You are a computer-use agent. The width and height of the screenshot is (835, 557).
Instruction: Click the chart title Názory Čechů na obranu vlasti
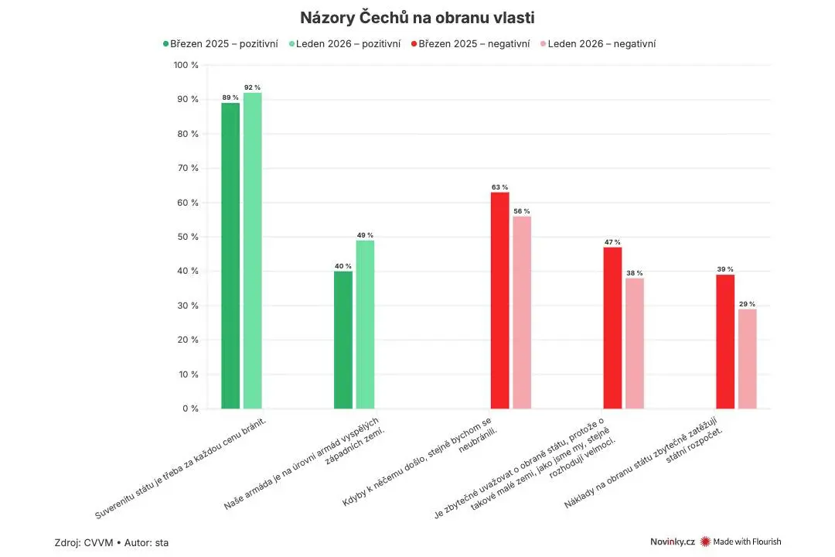tap(417, 18)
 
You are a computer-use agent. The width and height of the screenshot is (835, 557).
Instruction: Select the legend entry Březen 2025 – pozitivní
tap(220, 43)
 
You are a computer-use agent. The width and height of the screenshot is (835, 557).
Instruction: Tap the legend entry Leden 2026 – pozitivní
tap(345, 43)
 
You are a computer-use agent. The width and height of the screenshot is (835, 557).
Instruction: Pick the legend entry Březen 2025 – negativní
tap(470, 43)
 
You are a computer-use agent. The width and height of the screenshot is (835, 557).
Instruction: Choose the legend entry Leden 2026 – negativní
tap(598, 43)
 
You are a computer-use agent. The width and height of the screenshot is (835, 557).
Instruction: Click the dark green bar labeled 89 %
tap(230, 256)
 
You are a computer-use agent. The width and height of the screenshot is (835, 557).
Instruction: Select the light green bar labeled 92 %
tap(252, 251)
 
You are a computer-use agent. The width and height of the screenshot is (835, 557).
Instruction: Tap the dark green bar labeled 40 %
tap(343, 340)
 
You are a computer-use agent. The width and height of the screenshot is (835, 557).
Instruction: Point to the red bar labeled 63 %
tap(499, 301)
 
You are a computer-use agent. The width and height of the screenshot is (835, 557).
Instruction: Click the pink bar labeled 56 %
tap(522, 313)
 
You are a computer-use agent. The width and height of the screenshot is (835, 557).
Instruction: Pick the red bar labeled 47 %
tap(612, 328)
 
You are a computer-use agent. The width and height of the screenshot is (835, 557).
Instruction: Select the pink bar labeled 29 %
tap(747, 359)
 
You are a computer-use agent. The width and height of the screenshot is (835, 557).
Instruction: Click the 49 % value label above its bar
tap(365, 235)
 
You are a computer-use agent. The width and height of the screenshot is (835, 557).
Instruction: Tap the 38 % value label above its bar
tap(635, 273)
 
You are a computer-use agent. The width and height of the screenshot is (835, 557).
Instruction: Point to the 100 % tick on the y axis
tap(186, 65)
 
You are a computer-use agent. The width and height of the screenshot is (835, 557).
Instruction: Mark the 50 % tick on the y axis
tap(188, 237)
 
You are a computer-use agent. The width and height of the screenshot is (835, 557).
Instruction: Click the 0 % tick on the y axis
tap(191, 408)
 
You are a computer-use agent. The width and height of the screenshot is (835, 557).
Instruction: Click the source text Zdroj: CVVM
tap(84, 542)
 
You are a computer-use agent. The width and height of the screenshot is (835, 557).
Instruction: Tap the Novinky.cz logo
tap(673, 542)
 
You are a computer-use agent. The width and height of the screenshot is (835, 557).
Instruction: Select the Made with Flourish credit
tap(741, 542)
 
